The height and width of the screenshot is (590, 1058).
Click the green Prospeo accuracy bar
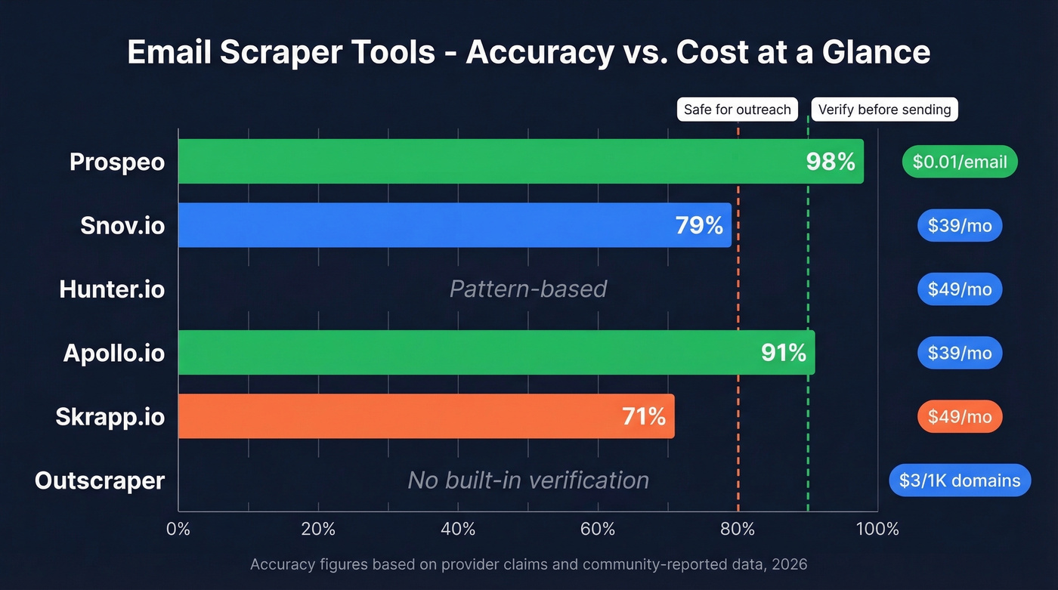point(491,161)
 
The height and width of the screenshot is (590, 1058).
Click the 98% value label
point(830,162)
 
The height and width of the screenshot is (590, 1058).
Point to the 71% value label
point(644,416)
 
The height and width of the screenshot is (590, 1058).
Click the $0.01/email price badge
point(960,162)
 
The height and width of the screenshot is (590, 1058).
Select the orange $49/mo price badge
point(960,417)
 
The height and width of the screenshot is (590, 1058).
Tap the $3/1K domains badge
point(960,480)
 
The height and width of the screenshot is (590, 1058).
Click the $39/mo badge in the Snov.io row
point(960,226)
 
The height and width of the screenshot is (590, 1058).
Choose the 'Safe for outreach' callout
point(737,110)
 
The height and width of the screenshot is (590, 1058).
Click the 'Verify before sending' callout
point(884,110)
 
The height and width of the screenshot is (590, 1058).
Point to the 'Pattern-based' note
point(528,289)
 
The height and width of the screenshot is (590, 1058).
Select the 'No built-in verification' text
point(528,480)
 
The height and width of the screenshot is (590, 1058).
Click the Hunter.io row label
point(112,289)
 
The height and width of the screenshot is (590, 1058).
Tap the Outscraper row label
point(100,481)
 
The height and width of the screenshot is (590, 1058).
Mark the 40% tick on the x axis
point(458,529)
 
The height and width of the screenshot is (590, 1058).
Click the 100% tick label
point(877,529)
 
